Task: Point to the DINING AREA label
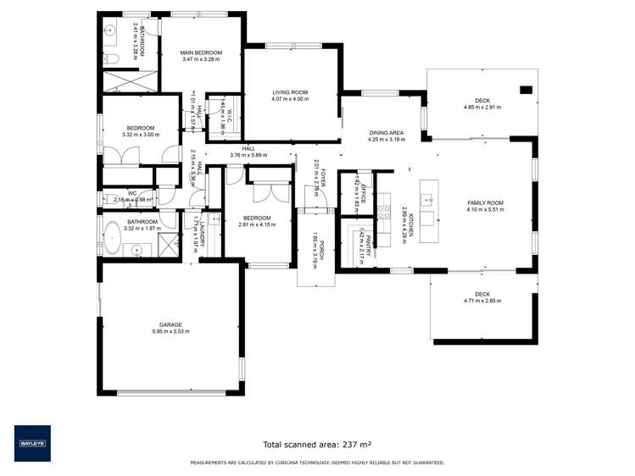click(385, 133)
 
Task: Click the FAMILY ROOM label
click(485, 203)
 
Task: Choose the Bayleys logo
click(32, 443)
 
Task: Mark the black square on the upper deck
click(526, 89)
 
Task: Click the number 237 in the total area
click(346, 444)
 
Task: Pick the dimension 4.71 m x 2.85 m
click(482, 301)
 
